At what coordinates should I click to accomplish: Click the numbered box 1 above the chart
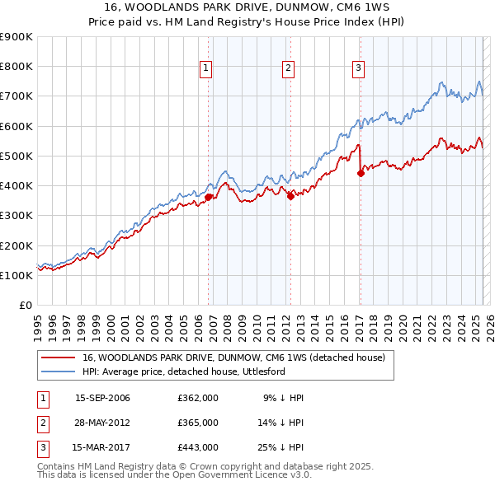(205, 68)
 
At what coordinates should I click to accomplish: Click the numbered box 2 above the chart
(288, 68)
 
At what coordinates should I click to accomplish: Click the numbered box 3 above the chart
(359, 68)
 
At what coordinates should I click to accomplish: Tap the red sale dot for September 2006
(209, 197)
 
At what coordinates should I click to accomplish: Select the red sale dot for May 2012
(291, 196)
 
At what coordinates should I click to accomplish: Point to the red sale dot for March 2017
(361, 173)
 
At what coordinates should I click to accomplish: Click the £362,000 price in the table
(198, 398)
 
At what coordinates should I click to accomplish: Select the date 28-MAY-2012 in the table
(102, 423)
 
